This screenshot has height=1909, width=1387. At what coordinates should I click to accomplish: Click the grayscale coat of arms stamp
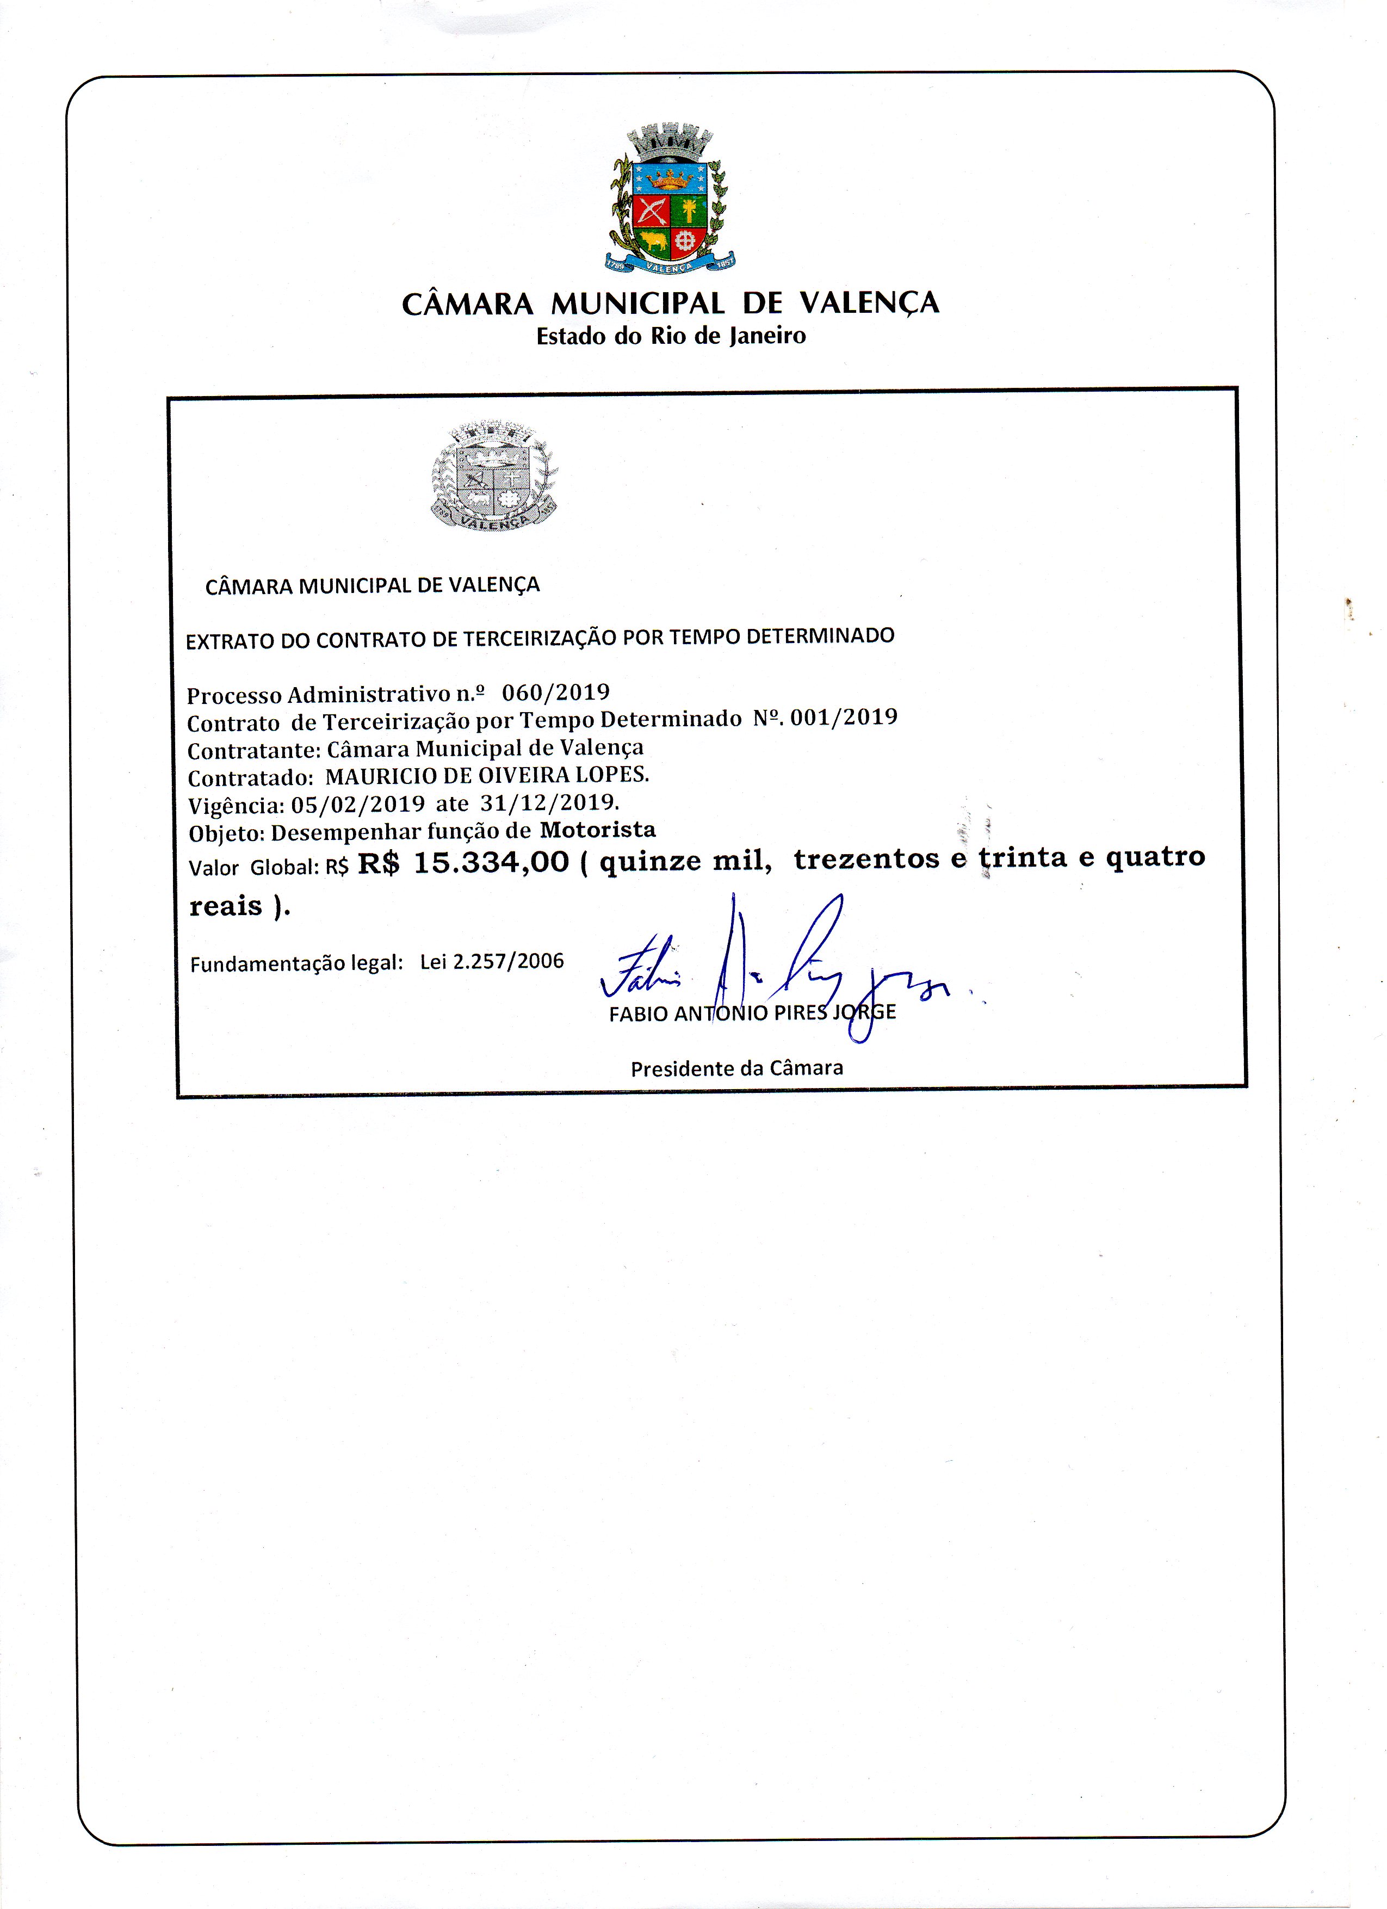pyautogui.click(x=494, y=477)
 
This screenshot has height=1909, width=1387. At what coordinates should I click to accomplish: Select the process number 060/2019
pyautogui.click(x=555, y=692)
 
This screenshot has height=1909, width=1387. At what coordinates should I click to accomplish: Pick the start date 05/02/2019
pyautogui.click(x=357, y=804)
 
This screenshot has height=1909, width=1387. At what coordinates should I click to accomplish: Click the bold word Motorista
pyautogui.click(x=598, y=830)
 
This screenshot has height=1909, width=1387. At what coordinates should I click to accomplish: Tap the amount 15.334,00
pyautogui.click(x=492, y=862)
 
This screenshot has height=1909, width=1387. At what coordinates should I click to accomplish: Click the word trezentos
pyautogui.click(x=866, y=858)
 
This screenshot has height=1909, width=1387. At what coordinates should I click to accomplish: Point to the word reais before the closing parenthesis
pyautogui.click(x=226, y=906)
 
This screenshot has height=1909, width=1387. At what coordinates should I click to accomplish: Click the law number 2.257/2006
pyautogui.click(x=507, y=961)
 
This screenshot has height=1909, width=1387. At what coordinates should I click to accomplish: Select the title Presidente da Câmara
pyautogui.click(x=736, y=1068)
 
